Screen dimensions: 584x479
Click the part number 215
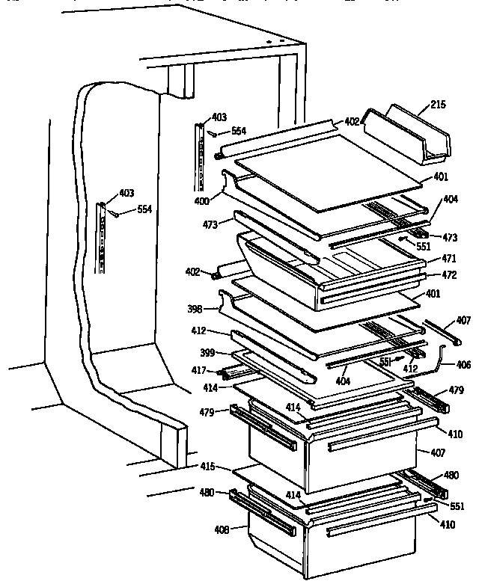point(438,105)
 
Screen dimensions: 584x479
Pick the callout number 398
point(195,307)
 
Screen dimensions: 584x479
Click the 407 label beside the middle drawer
point(437,452)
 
